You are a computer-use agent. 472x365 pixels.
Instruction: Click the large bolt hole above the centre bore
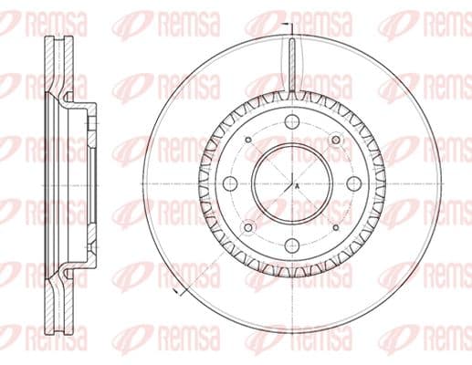291,121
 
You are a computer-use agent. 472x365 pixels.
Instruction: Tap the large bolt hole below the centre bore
292,244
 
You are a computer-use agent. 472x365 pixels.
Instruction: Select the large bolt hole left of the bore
230,183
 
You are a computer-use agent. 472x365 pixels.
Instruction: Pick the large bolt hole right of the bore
353,183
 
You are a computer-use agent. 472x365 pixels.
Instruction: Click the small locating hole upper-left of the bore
248,140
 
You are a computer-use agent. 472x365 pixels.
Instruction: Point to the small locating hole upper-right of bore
336,140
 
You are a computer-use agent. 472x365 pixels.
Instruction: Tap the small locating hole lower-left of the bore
248,227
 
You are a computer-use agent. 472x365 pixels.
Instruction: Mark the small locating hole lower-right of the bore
336,227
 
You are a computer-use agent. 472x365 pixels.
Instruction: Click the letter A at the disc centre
298,186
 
